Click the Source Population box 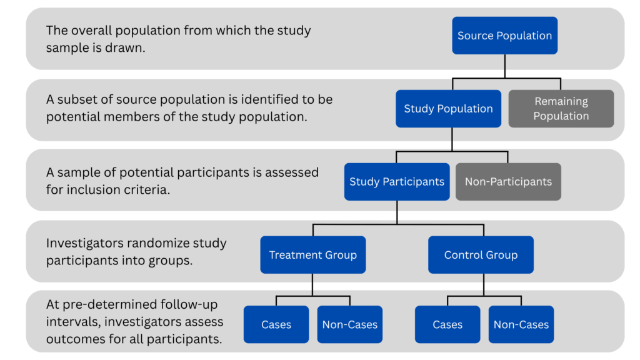(504, 36)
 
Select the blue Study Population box (448, 109)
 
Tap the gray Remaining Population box (561, 109)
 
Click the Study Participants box (397, 182)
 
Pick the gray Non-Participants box (508, 182)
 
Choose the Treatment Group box (312, 255)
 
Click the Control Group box (481, 255)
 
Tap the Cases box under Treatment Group (276, 324)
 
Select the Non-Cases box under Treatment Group (350, 324)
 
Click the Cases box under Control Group (447, 324)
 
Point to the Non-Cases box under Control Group (521, 324)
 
